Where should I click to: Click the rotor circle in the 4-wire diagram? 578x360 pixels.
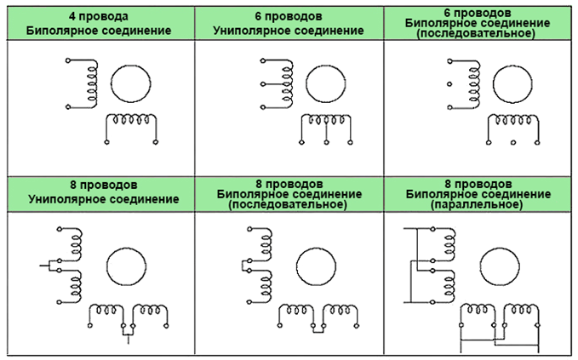(x=134, y=83)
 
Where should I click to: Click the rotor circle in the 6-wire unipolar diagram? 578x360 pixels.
(x=326, y=83)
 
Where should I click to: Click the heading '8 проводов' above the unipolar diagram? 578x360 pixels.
(x=98, y=184)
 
